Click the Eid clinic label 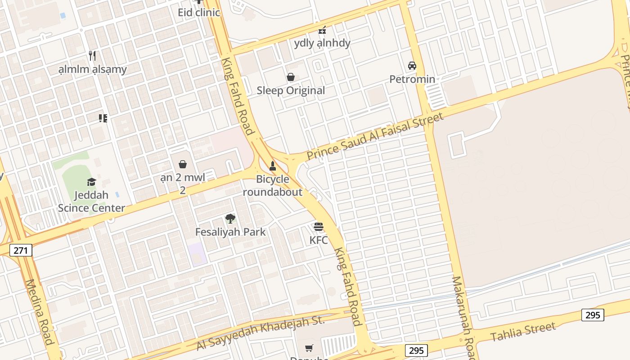click(199, 12)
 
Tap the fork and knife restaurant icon click(92, 56)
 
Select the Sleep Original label click(291, 90)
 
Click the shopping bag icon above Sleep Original click(291, 77)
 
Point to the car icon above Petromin click(412, 66)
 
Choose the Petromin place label click(412, 79)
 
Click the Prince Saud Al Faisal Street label click(375, 136)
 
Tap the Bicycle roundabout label click(273, 185)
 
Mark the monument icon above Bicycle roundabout click(272, 166)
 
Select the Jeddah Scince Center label click(91, 202)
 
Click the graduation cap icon click(91, 182)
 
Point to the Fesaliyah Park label click(230, 232)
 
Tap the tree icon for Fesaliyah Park click(230, 219)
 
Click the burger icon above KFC click(319, 227)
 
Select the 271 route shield click(21, 250)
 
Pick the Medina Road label click(40, 312)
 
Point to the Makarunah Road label click(463, 317)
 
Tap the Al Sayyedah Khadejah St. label click(261, 333)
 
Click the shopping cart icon click(309, 348)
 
